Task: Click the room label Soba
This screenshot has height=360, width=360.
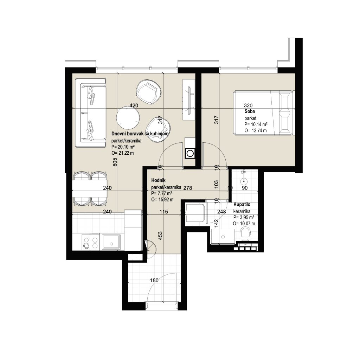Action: coord(250,111)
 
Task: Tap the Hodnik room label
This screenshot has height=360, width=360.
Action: coord(158,181)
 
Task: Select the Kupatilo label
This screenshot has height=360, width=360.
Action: coord(242,205)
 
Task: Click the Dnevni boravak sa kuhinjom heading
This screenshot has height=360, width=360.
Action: coord(140,134)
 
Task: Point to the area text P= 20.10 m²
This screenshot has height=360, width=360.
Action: coord(123,147)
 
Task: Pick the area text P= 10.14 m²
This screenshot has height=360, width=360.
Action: coord(256,124)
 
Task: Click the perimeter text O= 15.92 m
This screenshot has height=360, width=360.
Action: coord(162,200)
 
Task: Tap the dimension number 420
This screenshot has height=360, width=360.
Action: coord(134,105)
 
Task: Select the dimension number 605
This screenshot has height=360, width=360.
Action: coord(115,162)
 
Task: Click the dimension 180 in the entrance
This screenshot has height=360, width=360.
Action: coord(154,280)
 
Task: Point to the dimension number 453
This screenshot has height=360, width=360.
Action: coord(160,236)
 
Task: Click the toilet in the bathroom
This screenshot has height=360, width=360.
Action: coord(245,234)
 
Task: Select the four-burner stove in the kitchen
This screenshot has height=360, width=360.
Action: coord(90,242)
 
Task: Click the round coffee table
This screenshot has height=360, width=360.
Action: coord(128,117)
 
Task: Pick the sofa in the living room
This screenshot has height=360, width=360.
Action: coord(91,113)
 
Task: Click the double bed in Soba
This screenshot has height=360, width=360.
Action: coord(263,112)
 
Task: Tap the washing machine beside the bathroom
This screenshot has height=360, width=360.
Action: coord(195,213)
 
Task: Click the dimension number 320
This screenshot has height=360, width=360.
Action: coord(248,105)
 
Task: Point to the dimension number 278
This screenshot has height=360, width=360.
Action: coord(188,188)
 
